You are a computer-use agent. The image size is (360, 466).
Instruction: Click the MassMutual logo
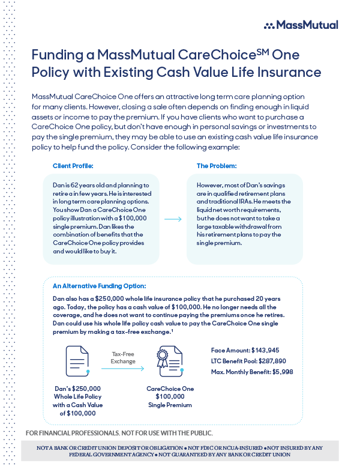(301, 25)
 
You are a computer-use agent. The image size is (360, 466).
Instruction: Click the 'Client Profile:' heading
(73, 165)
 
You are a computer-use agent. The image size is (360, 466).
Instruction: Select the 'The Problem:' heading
(217, 165)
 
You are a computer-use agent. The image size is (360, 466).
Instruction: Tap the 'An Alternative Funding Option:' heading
(99, 286)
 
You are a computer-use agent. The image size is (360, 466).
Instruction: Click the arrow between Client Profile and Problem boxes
(173, 219)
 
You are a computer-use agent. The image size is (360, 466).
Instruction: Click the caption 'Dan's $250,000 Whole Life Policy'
(78, 397)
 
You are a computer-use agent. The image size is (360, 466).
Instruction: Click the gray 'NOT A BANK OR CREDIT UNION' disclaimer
(179, 451)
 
